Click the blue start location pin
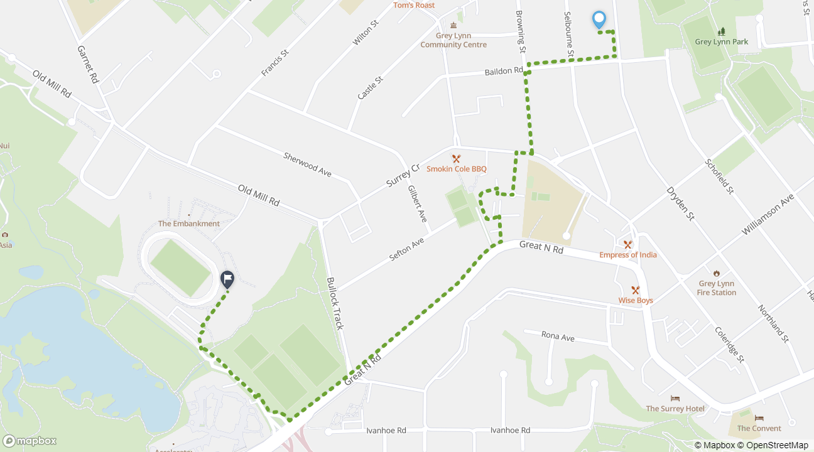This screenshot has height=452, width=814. point(599,20)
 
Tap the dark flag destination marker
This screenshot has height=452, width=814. point(227,279)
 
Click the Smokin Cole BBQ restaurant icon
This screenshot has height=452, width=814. point(457,159)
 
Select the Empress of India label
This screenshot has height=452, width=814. point(627,255)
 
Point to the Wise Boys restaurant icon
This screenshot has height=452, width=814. point(636,290)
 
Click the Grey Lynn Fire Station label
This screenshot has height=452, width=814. point(716,288)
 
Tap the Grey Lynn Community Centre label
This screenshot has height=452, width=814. point(453,40)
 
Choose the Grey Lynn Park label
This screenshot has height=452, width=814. point(721,42)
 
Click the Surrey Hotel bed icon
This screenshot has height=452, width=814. point(675,399)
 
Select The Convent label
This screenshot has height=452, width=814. point(759,428)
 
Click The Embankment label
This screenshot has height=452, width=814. point(189,223)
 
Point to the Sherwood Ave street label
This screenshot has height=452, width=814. point(307,164)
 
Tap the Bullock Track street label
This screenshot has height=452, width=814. point(335,303)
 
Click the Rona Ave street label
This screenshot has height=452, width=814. point(558,337)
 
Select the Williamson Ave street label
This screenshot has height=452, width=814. point(768,215)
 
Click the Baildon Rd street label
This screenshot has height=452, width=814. point(504,72)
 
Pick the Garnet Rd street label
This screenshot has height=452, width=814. point(89,64)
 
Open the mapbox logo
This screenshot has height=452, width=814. point(30,441)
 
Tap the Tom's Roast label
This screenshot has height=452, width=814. point(414,5)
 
